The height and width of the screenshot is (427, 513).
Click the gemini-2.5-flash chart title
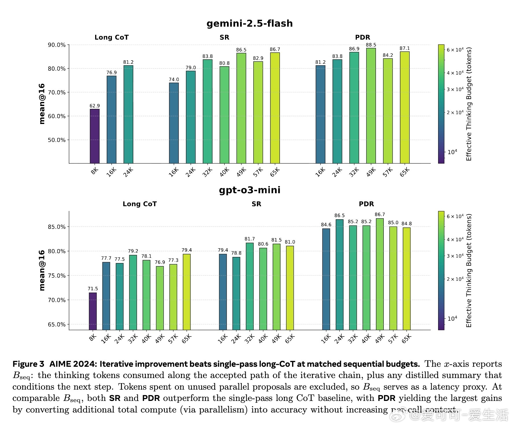pyautogui.click(x=250, y=23)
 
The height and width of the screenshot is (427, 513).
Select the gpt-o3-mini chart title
pyautogui.click(x=250, y=190)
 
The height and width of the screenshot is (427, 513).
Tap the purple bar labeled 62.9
pyautogui.click(x=95, y=136)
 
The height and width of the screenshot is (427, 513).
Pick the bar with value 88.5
pyautogui.click(x=371, y=106)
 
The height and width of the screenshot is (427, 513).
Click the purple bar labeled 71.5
pyautogui.click(x=93, y=311)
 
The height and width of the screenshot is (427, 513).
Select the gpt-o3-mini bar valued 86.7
pyautogui.click(x=380, y=274)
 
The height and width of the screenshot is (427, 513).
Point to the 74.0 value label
pyautogui.click(x=174, y=80)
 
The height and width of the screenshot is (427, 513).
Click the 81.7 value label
pyautogui.click(x=250, y=239)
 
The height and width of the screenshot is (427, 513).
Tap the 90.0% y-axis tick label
pyautogui.click(x=57, y=45)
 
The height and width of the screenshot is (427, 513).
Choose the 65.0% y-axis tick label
pyautogui.click(x=57, y=324)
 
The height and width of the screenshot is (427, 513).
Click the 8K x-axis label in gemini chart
pyautogui.click(x=95, y=171)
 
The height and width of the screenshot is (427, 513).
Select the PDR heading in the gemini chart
pyautogui.click(x=363, y=37)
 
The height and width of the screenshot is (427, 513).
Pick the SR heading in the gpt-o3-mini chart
pyautogui.click(x=256, y=204)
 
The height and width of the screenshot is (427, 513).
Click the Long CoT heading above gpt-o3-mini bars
pyautogui.click(x=140, y=204)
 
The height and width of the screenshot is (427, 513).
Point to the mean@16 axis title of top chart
pyautogui.click(x=42, y=104)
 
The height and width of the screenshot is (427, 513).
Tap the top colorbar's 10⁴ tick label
pyautogui.click(x=452, y=152)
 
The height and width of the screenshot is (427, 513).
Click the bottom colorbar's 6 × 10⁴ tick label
pyautogui.click(x=455, y=216)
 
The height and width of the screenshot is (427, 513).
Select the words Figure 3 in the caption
pyautogui.click(x=28, y=364)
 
